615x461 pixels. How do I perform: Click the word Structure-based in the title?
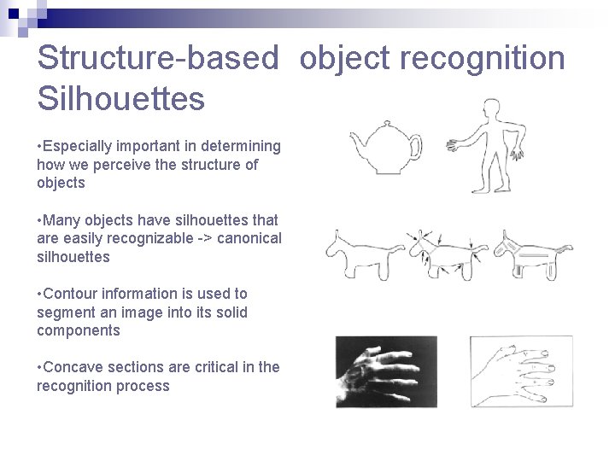tap(158, 59)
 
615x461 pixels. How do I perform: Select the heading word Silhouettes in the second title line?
tap(121, 98)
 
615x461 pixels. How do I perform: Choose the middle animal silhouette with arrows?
tap(445, 254)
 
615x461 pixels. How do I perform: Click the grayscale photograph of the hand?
tap(385, 371)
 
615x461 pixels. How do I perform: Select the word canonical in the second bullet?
tap(249, 238)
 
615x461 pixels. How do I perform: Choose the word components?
tap(79, 330)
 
